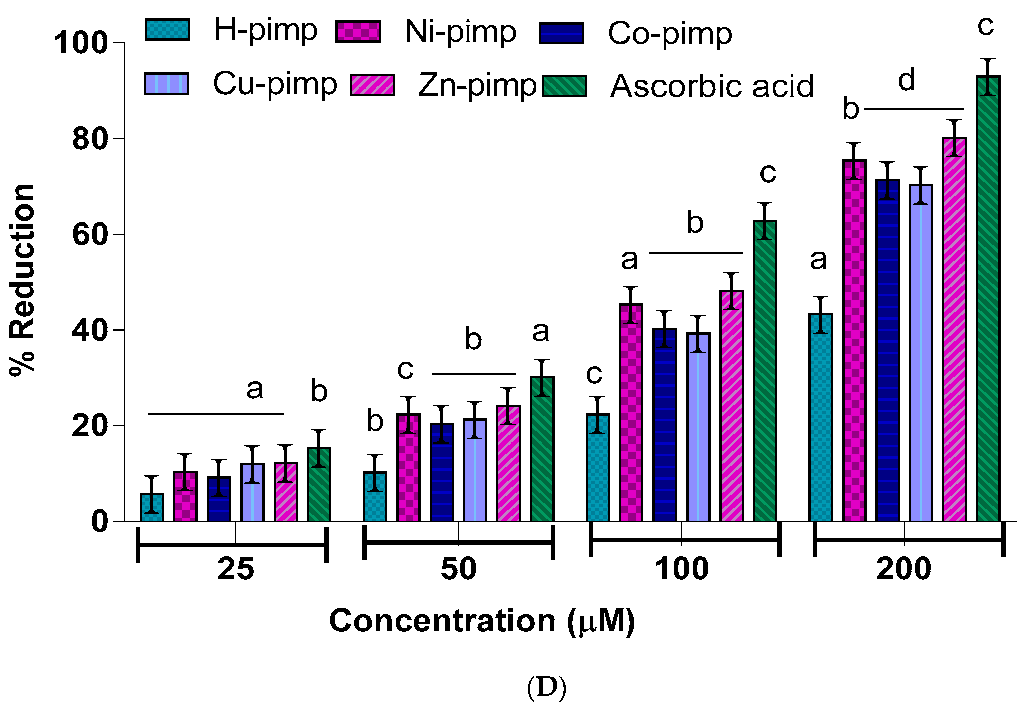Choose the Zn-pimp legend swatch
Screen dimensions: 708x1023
click(x=372, y=85)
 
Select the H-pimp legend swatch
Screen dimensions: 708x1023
click(x=167, y=30)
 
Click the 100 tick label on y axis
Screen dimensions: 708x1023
click(x=81, y=43)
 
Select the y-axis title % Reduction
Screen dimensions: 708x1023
click(x=22, y=280)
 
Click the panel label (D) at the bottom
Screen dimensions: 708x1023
click(x=546, y=687)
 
